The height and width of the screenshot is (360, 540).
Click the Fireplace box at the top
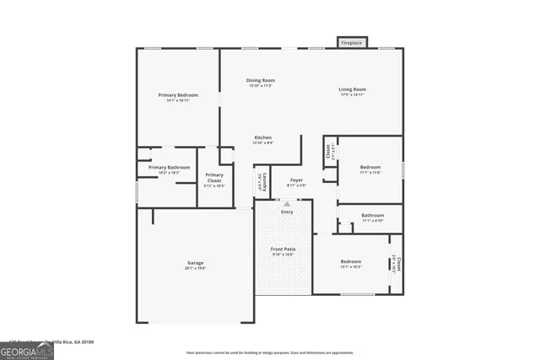(x=352, y=42)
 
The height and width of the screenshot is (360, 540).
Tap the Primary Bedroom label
(x=178, y=95)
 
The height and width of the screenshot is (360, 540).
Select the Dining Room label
(x=261, y=81)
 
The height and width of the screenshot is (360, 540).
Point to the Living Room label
(x=353, y=89)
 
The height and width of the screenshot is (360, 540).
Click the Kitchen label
(x=263, y=137)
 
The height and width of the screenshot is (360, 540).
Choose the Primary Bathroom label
(x=169, y=168)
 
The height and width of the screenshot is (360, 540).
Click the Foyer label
(x=296, y=180)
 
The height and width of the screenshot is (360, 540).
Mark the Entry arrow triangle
(x=287, y=203)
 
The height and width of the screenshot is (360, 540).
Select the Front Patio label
(x=283, y=250)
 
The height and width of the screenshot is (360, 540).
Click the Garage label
(x=195, y=263)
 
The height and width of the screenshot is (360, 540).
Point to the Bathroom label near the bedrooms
(x=373, y=215)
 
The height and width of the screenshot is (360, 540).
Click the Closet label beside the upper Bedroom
(x=328, y=152)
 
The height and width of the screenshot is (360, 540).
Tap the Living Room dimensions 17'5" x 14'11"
(x=353, y=95)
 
